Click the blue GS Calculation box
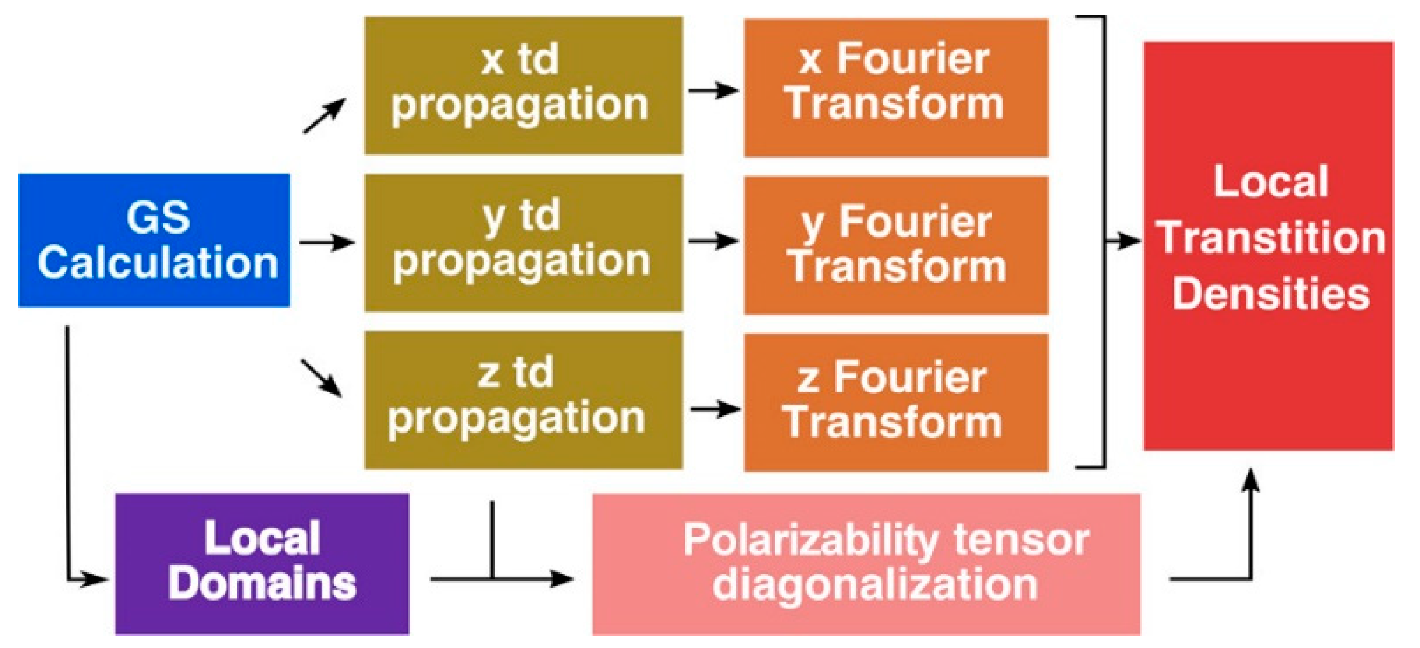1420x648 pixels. tap(154, 240)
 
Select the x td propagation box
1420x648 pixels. tap(523, 85)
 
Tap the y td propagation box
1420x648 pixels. tap(523, 243)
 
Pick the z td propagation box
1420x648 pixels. tap(523, 400)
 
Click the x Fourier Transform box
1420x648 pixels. tap(896, 87)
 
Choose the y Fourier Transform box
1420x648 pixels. tap(896, 245)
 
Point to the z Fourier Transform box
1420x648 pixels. tap(896, 403)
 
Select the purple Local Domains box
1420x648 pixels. tap(262, 563)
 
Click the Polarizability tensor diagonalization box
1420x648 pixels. tap(866, 564)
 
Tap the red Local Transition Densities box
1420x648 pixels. tap(1268, 245)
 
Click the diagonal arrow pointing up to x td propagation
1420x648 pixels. tap(324, 115)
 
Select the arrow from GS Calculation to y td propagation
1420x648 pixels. tap(327, 242)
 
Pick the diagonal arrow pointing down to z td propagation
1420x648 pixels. tap(322, 378)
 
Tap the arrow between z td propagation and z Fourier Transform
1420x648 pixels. tap(715, 410)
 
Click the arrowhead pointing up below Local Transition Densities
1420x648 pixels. tap(1251, 479)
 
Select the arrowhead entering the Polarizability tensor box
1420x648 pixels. tap(562, 578)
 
